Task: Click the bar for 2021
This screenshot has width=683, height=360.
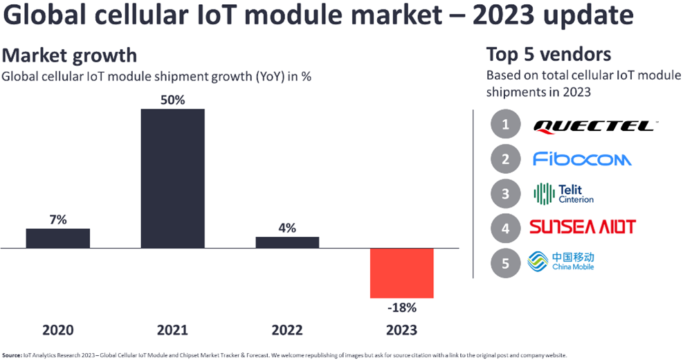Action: click(x=172, y=178)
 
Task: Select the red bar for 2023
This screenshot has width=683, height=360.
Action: click(x=402, y=273)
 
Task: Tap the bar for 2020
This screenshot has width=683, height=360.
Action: click(x=58, y=237)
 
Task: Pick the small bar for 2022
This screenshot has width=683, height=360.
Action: click(x=287, y=242)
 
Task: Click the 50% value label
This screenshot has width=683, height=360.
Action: click(x=172, y=100)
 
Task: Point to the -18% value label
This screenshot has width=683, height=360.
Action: click(x=402, y=307)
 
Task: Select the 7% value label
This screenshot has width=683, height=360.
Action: click(x=58, y=219)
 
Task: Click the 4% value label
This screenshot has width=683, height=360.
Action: click(x=287, y=228)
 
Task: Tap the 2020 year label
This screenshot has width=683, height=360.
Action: click(x=58, y=330)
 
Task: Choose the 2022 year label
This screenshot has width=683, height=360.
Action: click(x=287, y=330)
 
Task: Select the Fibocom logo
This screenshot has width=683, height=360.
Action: click(x=582, y=159)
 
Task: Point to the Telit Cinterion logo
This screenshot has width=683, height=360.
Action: click(x=563, y=193)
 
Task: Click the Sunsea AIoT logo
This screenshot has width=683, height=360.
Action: click(x=582, y=226)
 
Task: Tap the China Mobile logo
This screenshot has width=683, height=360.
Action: click(x=561, y=262)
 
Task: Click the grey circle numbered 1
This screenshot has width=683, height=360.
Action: click(x=506, y=125)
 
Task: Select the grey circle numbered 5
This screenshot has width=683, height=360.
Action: click(x=506, y=262)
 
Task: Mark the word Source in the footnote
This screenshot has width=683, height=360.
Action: click(x=11, y=355)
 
